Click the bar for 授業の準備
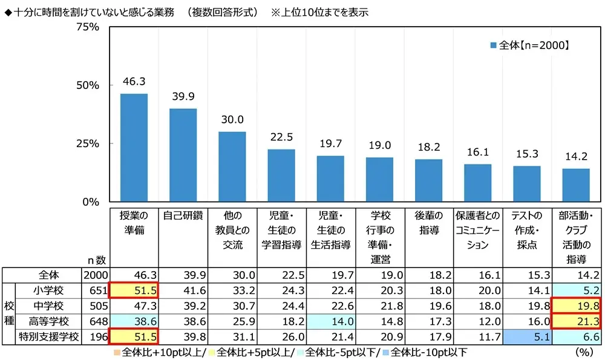[x=134, y=148]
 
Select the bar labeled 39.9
[x=183, y=155]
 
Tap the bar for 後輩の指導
[x=428, y=181]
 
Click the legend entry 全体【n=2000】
[x=530, y=45]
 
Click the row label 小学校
[x=48, y=290]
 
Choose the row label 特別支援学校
[x=48, y=336]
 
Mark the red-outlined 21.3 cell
[x=576, y=321]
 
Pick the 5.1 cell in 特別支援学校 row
[x=526, y=336]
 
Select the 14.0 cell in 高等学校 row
[x=330, y=321]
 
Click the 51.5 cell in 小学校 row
[x=134, y=290]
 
